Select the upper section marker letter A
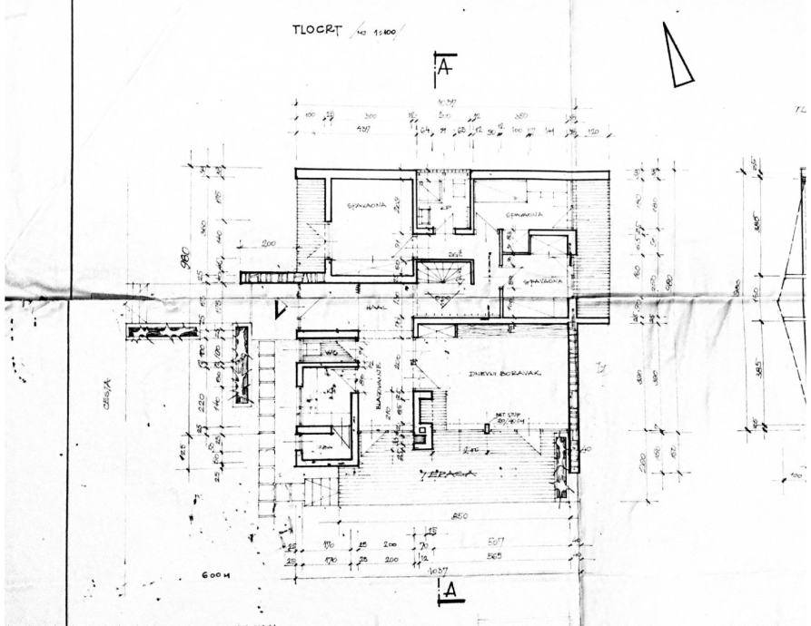coord(445,67)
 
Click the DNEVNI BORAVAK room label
coord(499,373)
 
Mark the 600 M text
coord(218,575)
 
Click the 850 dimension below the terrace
coord(460,517)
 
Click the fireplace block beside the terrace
coord(422,420)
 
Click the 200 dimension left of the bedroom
coord(268,244)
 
